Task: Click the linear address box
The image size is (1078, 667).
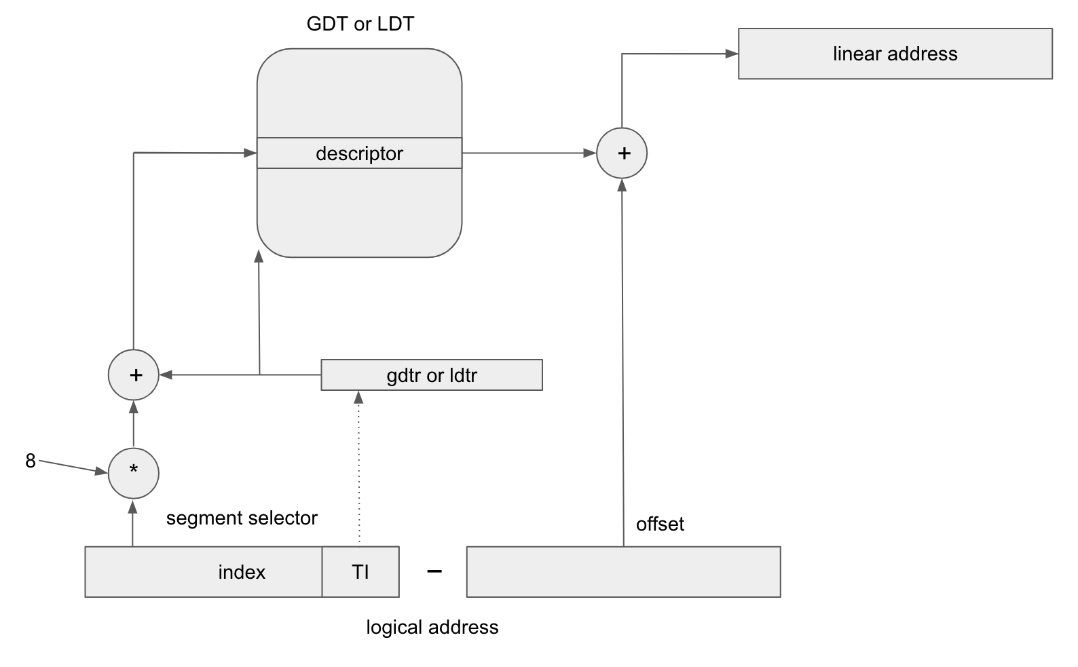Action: coord(895,54)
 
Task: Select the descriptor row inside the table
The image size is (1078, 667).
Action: coord(359,153)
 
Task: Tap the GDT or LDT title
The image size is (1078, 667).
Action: coord(360,24)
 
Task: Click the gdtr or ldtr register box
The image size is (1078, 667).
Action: coord(431,375)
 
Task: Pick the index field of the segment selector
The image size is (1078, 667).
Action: coord(204,572)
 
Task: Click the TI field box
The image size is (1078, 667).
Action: coord(360,572)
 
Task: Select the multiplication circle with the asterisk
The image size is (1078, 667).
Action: coord(134,474)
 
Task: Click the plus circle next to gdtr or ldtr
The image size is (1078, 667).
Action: coord(134,375)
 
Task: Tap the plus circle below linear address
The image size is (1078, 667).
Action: coord(622,153)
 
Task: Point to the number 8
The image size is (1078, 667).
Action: coord(31,461)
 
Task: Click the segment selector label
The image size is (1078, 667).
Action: coord(242,518)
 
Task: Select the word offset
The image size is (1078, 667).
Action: coord(660,525)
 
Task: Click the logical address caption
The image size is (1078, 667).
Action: coord(432,628)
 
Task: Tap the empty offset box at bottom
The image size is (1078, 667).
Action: coord(623,572)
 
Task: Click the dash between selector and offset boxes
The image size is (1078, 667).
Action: coord(434,572)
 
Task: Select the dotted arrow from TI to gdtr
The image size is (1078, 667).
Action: coord(359,468)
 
